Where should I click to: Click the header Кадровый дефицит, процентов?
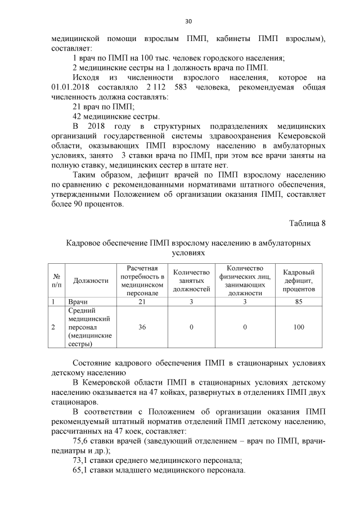(298, 280)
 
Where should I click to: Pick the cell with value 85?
(298, 301)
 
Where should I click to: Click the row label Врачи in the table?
(78, 301)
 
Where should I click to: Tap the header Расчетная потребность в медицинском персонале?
(141, 280)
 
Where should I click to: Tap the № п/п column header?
(56, 280)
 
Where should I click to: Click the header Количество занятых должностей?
(191, 280)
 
